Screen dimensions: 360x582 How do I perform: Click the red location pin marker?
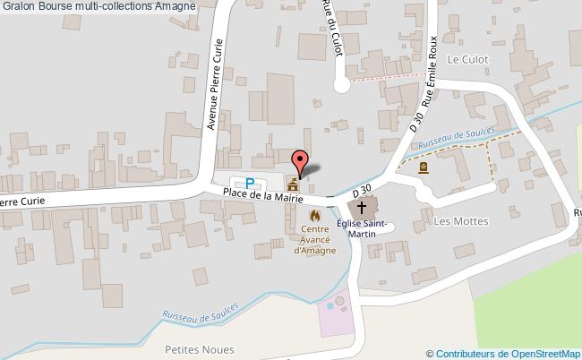click(x=301, y=161)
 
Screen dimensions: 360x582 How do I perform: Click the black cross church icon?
click(x=363, y=207)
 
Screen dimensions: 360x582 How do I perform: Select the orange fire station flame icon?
click(x=314, y=216)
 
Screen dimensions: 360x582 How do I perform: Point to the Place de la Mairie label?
click(x=262, y=193)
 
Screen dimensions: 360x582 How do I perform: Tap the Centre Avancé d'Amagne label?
click(x=314, y=239)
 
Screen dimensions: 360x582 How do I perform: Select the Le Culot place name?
click(x=466, y=61)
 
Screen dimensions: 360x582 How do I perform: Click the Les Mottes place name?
click(x=452, y=220)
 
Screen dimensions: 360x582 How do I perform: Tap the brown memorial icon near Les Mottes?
click(x=424, y=167)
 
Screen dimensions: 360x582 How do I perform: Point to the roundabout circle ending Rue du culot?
click(x=341, y=85)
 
